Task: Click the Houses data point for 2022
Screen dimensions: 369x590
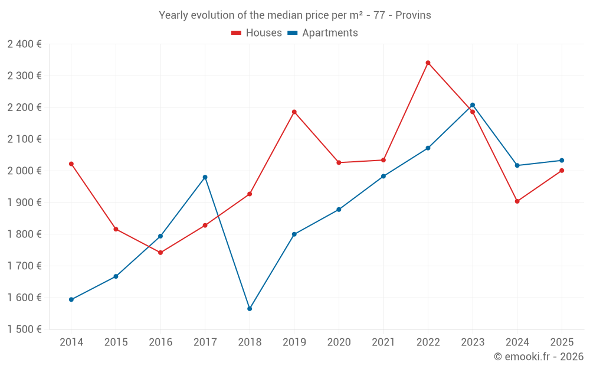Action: point(428,63)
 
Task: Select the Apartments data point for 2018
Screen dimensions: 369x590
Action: point(250,309)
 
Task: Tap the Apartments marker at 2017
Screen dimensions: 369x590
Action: point(205,177)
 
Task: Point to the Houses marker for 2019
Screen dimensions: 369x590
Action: point(294,112)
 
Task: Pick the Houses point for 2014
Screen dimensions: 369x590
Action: point(71,164)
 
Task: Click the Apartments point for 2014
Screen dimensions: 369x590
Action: point(71,299)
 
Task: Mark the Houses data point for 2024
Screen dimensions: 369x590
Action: point(517,201)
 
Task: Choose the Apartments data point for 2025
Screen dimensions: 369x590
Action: point(562,161)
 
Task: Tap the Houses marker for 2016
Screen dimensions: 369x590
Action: point(160,253)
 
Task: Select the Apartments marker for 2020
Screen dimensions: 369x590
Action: point(339,210)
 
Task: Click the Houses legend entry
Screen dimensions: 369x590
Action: point(257,33)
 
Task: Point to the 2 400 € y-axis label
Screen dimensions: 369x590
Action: point(24,44)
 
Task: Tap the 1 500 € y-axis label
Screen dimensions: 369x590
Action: point(24,329)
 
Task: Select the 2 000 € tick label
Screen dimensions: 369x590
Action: point(24,171)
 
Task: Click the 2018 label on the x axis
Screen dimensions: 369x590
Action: point(250,342)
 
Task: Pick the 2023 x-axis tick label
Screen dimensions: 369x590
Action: point(473,342)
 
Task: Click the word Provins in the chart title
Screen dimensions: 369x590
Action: point(413,15)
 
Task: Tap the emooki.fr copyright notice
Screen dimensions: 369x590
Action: point(539,357)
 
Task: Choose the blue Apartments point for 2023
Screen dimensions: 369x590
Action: point(473,105)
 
